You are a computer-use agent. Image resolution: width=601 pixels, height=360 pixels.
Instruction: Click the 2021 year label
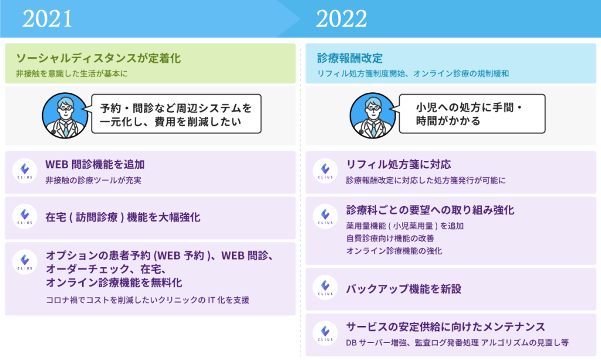pos(47,19)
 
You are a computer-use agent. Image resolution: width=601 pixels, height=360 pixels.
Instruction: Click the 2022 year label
pos(341,19)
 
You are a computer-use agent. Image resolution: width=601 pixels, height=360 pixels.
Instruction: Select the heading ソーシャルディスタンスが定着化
pos(98,58)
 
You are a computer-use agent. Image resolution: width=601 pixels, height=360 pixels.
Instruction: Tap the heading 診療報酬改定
pos(350,58)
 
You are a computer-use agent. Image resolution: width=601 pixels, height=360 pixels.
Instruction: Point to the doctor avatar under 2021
pos(65,115)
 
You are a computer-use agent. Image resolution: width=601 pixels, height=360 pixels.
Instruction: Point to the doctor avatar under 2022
pos(373,115)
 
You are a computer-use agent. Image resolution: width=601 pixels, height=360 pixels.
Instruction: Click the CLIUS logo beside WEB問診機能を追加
pos(25,171)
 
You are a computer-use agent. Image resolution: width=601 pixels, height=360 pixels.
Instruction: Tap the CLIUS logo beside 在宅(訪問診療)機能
pos(25,217)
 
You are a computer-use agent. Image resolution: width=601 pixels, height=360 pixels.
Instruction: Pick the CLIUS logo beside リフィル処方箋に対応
pos(325,171)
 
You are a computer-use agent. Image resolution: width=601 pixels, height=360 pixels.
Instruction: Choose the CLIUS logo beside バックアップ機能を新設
pos(325,288)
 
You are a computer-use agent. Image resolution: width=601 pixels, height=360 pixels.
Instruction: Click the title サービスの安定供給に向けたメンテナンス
pos(445,327)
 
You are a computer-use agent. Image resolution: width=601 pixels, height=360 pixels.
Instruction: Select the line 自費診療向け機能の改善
pos(390,238)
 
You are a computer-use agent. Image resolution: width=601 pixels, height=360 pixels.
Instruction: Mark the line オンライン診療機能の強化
pos(394,251)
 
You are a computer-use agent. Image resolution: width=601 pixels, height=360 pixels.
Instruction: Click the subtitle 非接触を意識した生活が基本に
pos(72,73)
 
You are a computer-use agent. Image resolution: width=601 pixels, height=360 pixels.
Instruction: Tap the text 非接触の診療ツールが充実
pos(93,180)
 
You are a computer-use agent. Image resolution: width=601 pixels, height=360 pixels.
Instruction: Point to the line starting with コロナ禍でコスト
pos(147,300)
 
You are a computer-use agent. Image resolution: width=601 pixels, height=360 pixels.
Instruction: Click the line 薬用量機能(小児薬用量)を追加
pos(405,226)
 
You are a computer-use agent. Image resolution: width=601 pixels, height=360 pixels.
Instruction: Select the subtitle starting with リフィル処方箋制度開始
pos(413,73)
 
